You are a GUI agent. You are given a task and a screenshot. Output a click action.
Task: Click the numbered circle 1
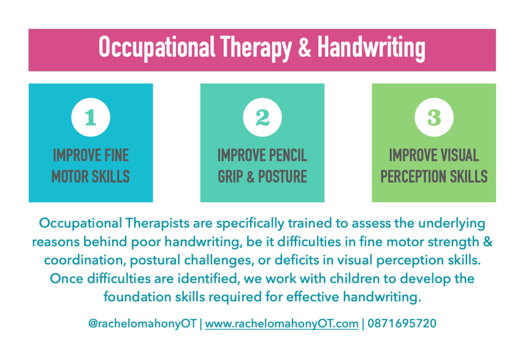coord(90,117)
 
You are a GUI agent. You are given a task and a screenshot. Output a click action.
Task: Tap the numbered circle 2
coord(262,117)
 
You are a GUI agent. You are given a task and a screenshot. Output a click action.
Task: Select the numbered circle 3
coord(434,117)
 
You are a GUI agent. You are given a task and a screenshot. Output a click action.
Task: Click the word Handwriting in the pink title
coord(371,48)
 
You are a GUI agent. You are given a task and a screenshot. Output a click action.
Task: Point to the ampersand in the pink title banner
coord(304,48)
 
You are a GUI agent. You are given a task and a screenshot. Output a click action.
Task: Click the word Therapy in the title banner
coord(256,48)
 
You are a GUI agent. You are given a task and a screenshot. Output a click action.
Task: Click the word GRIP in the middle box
coord(230,176)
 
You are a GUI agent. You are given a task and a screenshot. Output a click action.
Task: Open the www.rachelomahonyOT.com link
coord(282,324)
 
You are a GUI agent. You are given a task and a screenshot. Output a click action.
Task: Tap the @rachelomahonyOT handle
coord(142,324)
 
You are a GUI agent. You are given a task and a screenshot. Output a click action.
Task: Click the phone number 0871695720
coord(402,323)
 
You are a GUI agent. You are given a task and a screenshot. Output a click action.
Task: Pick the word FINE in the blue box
coord(116,155)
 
